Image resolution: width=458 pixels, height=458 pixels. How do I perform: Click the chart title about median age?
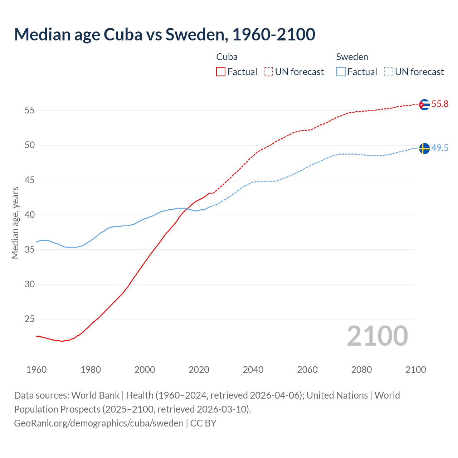click(x=165, y=34)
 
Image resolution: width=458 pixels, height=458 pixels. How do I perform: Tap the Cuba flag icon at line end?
click(x=424, y=104)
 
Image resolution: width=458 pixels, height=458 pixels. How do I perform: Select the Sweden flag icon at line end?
click(x=424, y=148)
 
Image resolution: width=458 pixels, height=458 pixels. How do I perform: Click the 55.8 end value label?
click(x=440, y=104)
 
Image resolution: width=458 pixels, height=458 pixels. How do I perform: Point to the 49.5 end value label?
click(x=440, y=148)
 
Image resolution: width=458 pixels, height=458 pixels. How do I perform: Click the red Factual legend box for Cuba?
click(x=221, y=72)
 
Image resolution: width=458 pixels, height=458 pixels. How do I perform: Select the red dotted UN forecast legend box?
click(x=268, y=72)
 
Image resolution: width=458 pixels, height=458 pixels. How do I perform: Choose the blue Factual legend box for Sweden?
click(x=341, y=72)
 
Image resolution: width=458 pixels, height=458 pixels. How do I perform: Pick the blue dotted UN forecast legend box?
click(x=388, y=72)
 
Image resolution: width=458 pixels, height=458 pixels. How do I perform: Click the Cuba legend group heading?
click(x=227, y=57)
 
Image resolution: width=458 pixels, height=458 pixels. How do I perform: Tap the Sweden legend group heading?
click(x=352, y=57)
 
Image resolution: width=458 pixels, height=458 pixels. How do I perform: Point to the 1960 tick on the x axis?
click(x=36, y=370)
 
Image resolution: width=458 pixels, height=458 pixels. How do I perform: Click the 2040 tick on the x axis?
click(x=253, y=370)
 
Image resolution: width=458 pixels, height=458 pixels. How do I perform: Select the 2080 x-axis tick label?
click(x=361, y=370)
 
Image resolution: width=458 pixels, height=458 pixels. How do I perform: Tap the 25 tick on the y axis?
click(x=29, y=319)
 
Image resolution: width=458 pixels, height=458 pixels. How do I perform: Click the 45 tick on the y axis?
click(x=29, y=180)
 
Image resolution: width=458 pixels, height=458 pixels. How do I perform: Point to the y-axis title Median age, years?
click(x=15, y=223)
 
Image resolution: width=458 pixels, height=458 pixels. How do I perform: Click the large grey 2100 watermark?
click(x=377, y=336)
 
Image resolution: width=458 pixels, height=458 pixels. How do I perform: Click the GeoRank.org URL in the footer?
click(x=99, y=423)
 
